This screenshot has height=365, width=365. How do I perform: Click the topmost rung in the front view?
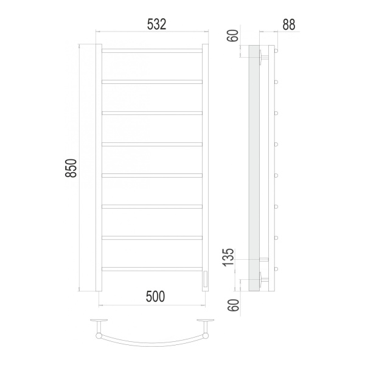151,50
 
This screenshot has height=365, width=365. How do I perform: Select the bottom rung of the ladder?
151,268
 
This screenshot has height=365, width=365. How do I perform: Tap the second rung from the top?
151,81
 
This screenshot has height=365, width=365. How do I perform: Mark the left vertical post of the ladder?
97,168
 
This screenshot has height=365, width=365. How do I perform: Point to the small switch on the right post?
205,279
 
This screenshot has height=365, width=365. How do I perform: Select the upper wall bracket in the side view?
262,57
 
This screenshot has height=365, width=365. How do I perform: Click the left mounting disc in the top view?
98,321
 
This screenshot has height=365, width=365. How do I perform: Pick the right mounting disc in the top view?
205,321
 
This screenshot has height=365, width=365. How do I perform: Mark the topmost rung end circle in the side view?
276,50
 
